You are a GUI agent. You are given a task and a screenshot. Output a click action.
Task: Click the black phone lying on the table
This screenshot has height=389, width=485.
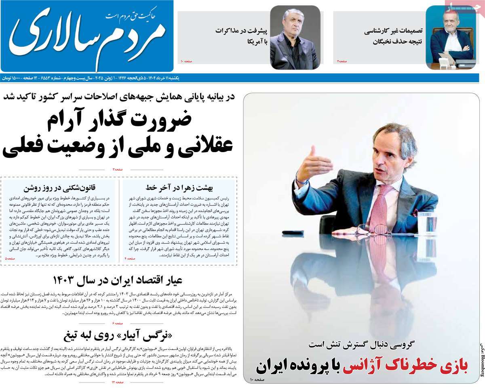(293, 233)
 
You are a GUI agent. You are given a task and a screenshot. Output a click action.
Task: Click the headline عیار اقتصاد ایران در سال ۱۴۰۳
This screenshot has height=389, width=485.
(117, 279)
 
